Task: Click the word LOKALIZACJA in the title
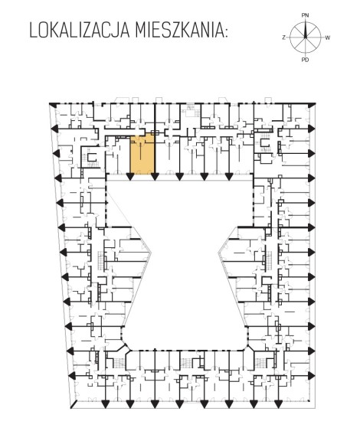pyautogui.click(x=79, y=31)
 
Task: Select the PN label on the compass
pyautogui.click(x=305, y=15)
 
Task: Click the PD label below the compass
pyautogui.click(x=305, y=60)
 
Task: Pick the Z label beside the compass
pyautogui.click(x=283, y=38)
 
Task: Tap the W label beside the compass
pyautogui.click(x=327, y=38)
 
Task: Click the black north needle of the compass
pyautogui.click(x=305, y=30)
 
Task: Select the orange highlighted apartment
pyautogui.click(x=142, y=154)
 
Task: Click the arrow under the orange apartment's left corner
pyautogui.click(x=130, y=177)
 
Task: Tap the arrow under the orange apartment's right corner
pyautogui.click(x=155, y=177)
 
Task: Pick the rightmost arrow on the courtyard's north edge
pyautogui.click(x=229, y=177)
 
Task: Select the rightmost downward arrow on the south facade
pyautogui.click(x=278, y=404)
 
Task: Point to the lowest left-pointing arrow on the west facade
pyautogui.click(x=73, y=376)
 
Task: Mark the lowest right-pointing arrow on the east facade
pyautogui.click(x=312, y=376)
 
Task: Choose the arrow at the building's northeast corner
pyautogui.click(x=313, y=106)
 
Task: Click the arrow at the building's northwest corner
pyautogui.click(x=53, y=106)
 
